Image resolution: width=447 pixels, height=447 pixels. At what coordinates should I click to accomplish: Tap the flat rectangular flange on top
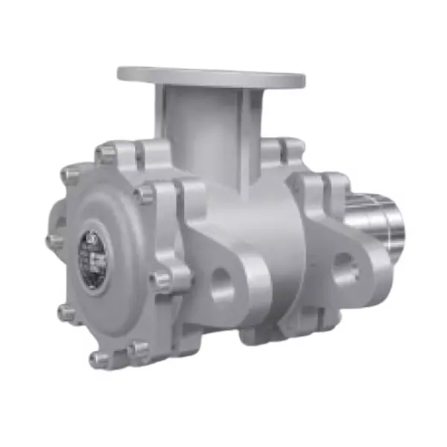[211, 76]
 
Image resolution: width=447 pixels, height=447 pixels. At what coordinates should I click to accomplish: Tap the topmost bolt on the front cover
[107, 154]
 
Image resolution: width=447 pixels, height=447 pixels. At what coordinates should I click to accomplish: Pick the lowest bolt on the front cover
[98, 361]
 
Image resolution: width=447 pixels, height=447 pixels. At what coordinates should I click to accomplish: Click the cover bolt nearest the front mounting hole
[159, 280]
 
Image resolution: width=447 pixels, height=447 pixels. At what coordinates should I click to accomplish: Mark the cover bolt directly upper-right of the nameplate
[143, 195]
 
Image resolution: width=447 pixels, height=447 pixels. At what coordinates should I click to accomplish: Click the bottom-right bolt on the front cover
[137, 347]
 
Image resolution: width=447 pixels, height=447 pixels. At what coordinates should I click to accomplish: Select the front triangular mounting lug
[223, 261]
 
